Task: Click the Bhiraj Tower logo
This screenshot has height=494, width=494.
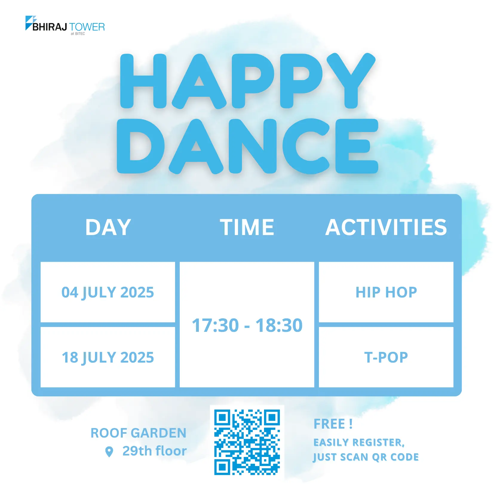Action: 65,25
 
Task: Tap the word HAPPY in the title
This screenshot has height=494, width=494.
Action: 248,81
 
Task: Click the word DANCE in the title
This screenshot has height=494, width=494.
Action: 248,146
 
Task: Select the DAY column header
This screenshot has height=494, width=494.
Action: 108,227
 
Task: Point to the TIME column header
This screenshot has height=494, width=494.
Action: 247,227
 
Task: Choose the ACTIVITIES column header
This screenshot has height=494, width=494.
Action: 386,227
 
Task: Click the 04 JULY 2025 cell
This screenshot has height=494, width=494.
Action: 108,292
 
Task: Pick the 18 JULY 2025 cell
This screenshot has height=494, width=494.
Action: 108,357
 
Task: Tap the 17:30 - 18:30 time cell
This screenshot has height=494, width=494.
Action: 247,325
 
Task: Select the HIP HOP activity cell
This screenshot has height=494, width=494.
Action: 386,292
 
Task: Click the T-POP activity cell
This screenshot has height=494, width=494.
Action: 386,357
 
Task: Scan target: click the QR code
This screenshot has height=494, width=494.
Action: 247,442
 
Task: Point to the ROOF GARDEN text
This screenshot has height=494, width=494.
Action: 139,433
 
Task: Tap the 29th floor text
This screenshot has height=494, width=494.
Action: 155,451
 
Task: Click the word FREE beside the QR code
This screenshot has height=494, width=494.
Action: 329,424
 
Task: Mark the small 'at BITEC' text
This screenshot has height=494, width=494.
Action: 78,34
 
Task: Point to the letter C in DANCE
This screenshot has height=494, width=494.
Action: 306,146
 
